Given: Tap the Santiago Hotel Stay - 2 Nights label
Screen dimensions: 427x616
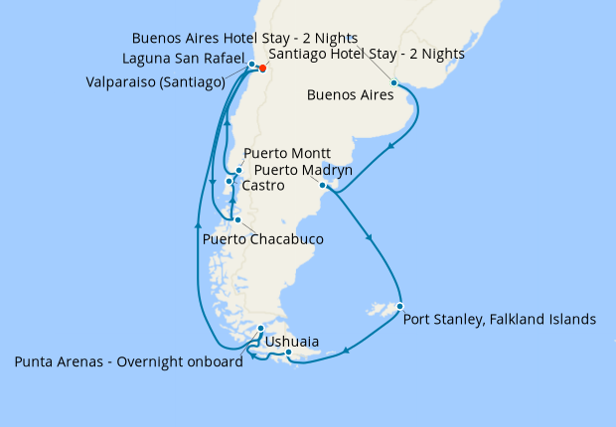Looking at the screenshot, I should click(368, 55).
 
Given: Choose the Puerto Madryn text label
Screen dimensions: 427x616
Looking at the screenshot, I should click(297, 170).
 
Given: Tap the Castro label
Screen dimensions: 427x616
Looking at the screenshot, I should click(263, 186).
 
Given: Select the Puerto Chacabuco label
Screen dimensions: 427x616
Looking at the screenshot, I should click(262, 239).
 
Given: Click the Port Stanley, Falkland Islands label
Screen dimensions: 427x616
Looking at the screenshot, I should click(499, 320).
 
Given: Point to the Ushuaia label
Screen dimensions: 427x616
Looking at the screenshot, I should click(292, 342).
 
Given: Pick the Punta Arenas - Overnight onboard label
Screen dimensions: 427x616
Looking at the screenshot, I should click(128, 362).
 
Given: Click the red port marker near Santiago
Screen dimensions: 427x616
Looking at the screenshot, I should click(262, 70).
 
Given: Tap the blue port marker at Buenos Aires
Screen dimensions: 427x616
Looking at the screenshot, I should click(394, 82).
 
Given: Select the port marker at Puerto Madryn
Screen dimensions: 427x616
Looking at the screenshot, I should click(323, 185).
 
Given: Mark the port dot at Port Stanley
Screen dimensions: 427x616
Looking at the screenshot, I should click(399, 306).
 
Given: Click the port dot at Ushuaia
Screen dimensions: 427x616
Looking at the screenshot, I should click(288, 353).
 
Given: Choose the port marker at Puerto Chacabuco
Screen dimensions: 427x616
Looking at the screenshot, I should click(236, 219).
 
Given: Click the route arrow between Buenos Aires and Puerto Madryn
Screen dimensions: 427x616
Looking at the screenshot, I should click(390, 148).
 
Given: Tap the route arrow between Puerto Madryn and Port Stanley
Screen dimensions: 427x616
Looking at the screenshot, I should click(370, 237).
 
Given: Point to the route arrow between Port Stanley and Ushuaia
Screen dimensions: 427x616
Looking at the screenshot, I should click(347, 350).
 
